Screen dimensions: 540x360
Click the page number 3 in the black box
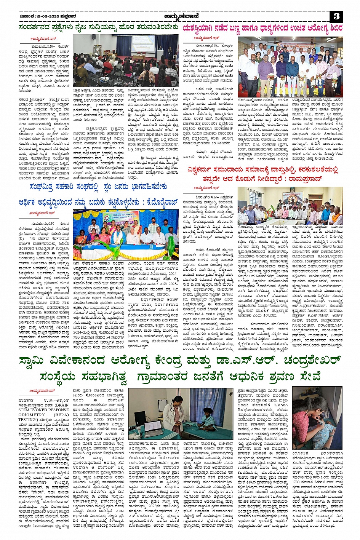336,16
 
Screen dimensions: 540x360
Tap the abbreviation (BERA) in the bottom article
61,415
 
